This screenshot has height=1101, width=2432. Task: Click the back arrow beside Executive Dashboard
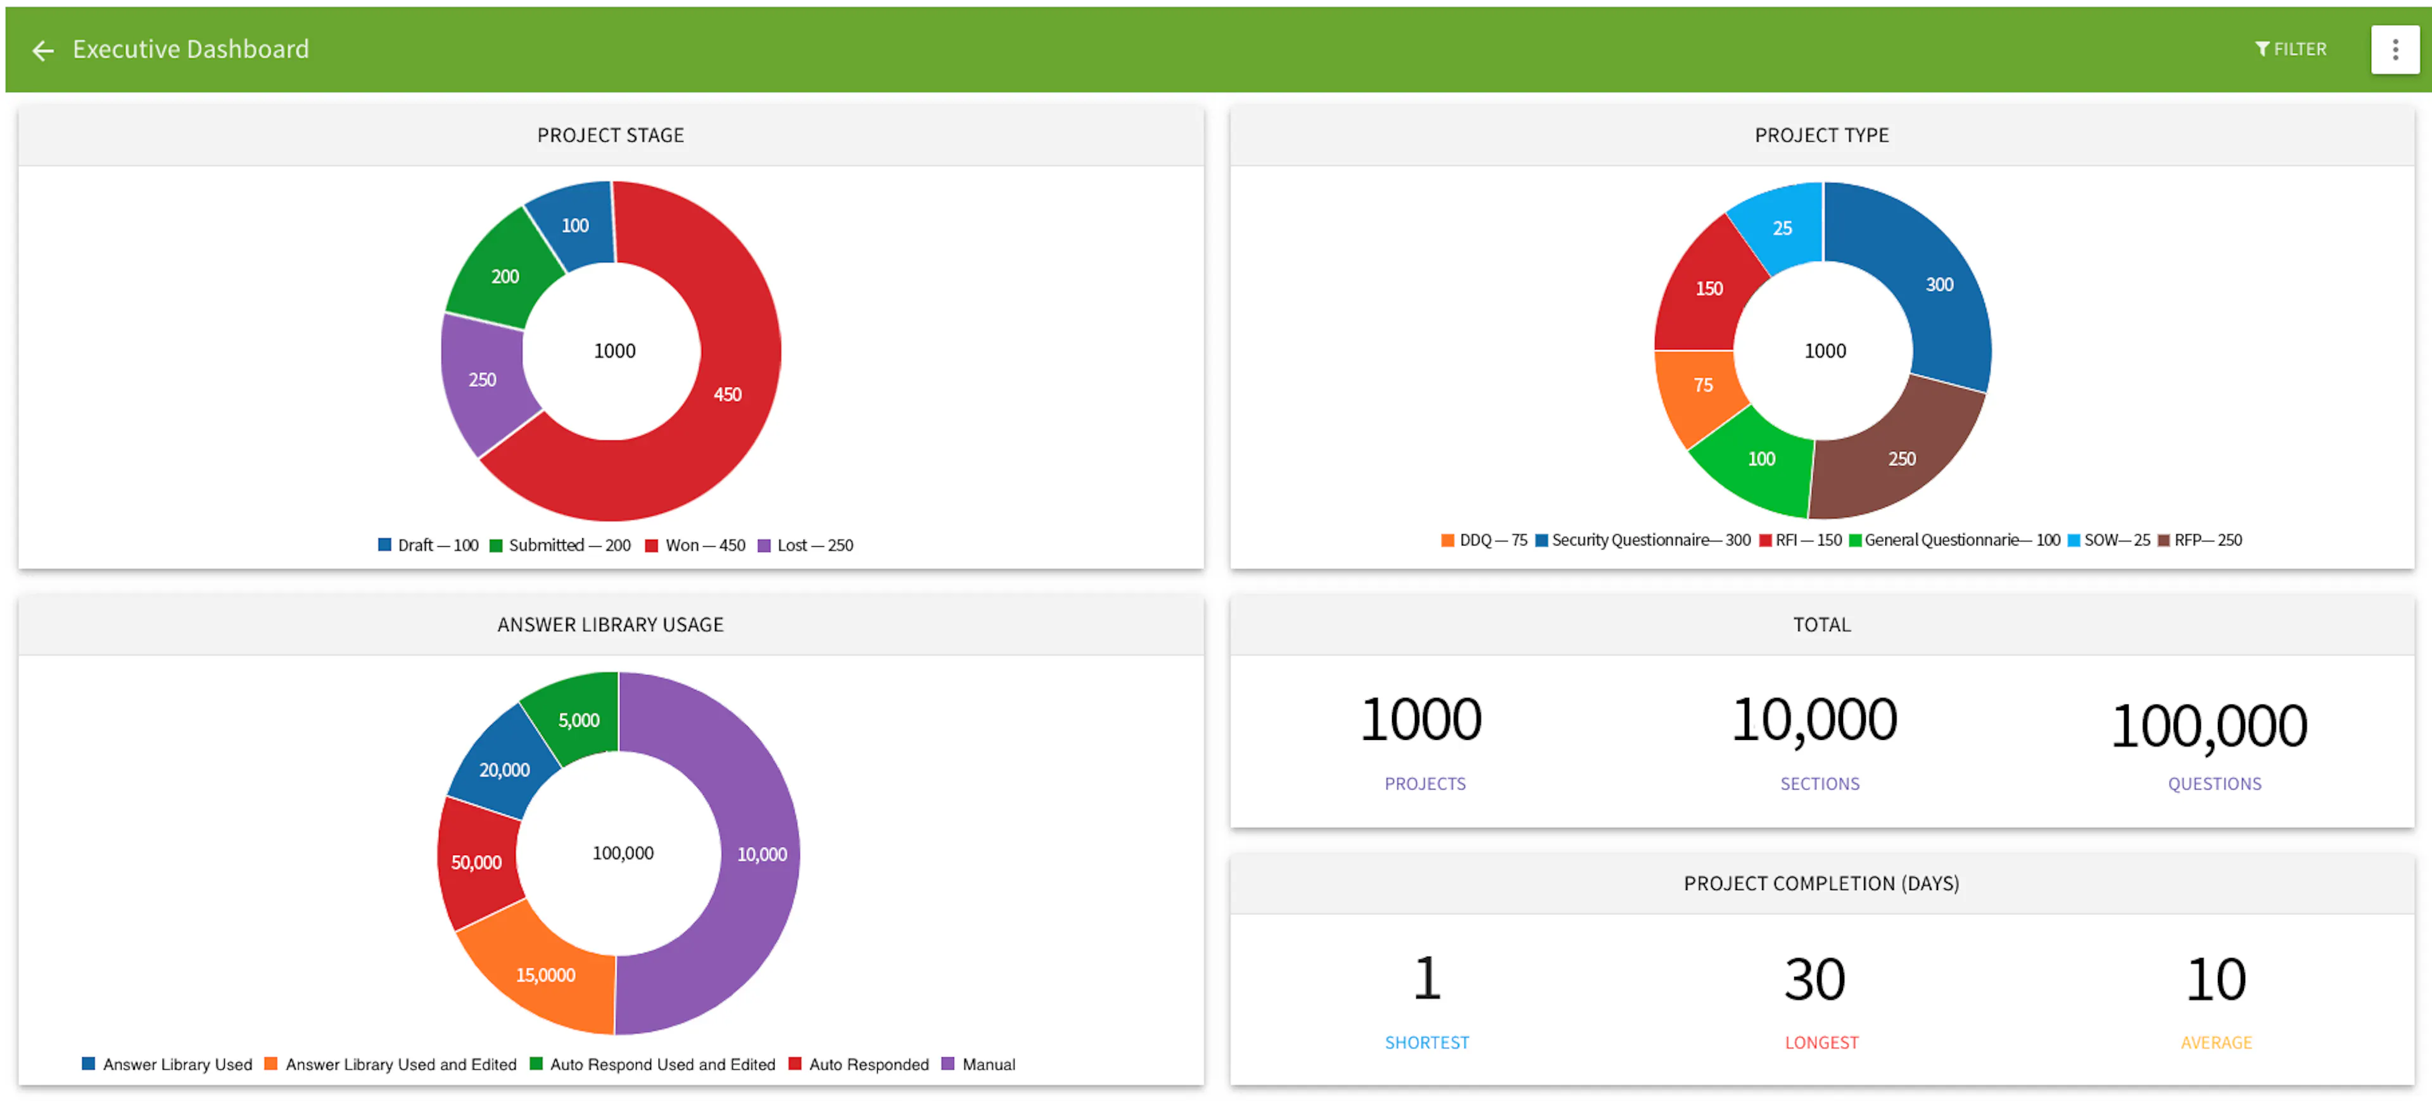pyautogui.click(x=42, y=50)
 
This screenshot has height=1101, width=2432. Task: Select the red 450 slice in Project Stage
pyautogui.click(x=727, y=394)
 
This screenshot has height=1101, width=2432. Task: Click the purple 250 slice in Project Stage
pyautogui.click(x=483, y=379)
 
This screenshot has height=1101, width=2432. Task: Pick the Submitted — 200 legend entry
pyautogui.click(x=560, y=545)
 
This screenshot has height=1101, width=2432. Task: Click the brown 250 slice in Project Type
pyautogui.click(x=1901, y=459)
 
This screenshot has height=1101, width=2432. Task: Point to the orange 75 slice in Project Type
pyautogui.click(x=1702, y=385)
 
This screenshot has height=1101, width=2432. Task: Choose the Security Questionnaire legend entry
pyautogui.click(x=1643, y=540)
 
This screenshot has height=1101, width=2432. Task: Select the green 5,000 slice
pyautogui.click(x=578, y=720)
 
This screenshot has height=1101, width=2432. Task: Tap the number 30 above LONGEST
pyautogui.click(x=1814, y=979)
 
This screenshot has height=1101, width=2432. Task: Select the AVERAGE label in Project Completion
pyautogui.click(x=2215, y=1043)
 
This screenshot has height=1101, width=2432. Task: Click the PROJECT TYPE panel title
pyautogui.click(x=1821, y=135)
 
